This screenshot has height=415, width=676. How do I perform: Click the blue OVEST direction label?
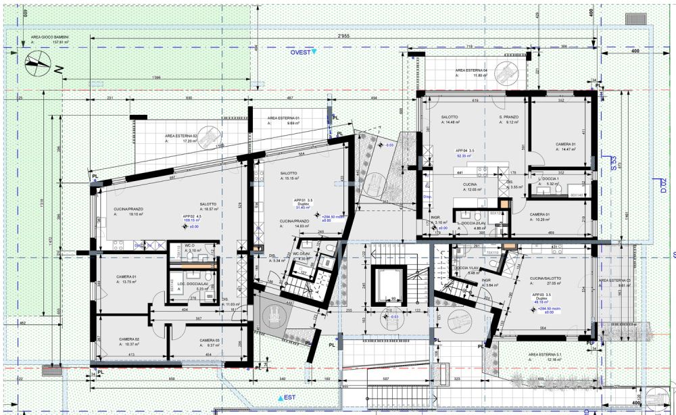point(301,51)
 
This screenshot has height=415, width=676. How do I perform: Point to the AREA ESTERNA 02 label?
point(180,136)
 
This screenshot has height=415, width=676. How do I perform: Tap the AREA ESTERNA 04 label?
point(471,70)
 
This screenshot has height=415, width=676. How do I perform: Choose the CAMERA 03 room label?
point(210,340)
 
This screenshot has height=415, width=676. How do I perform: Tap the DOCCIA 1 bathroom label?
point(548,178)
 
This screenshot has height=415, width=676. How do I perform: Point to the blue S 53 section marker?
point(614,164)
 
